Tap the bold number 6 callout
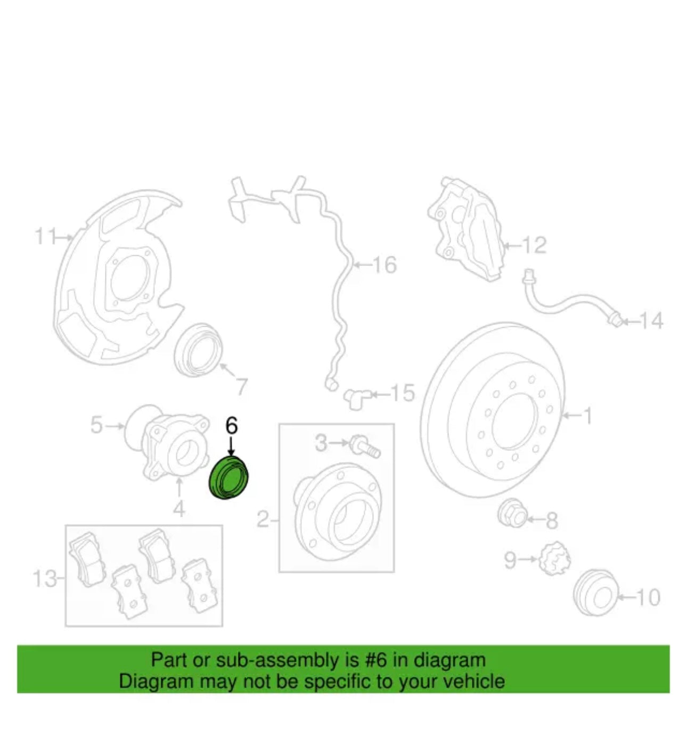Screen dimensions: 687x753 tap(232, 426)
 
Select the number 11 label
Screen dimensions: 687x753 tap(46, 237)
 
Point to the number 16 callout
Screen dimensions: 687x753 tap(385, 265)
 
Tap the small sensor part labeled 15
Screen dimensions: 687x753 tap(357, 399)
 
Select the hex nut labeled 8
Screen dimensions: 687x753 tap(512, 514)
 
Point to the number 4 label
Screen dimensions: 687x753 tap(179, 509)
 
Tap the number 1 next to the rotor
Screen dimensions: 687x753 tap(587, 416)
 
